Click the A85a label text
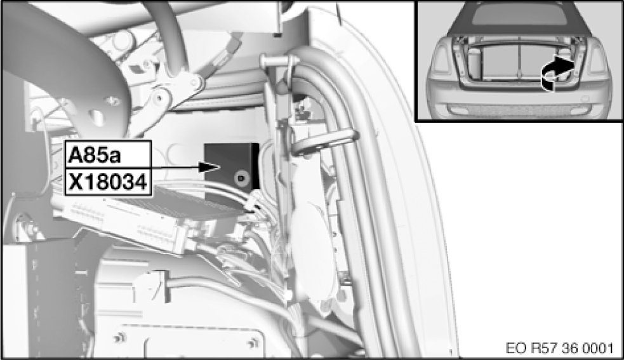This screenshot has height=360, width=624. pyautogui.click(x=95, y=155)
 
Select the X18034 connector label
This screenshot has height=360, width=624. pyautogui.click(x=108, y=182)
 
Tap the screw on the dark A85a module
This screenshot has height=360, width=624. pyautogui.click(x=241, y=178)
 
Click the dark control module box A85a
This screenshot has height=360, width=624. pyautogui.click(x=231, y=166)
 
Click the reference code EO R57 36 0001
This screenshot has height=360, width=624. pyautogui.click(x=559, y=348)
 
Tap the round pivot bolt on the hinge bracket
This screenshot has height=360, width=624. pyautogui.click(x=159, y=97)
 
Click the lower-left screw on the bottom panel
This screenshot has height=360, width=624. pyautogui.click(x=119, y=338)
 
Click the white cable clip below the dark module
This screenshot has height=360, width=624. pyautogui.click(x=252, y=204)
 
